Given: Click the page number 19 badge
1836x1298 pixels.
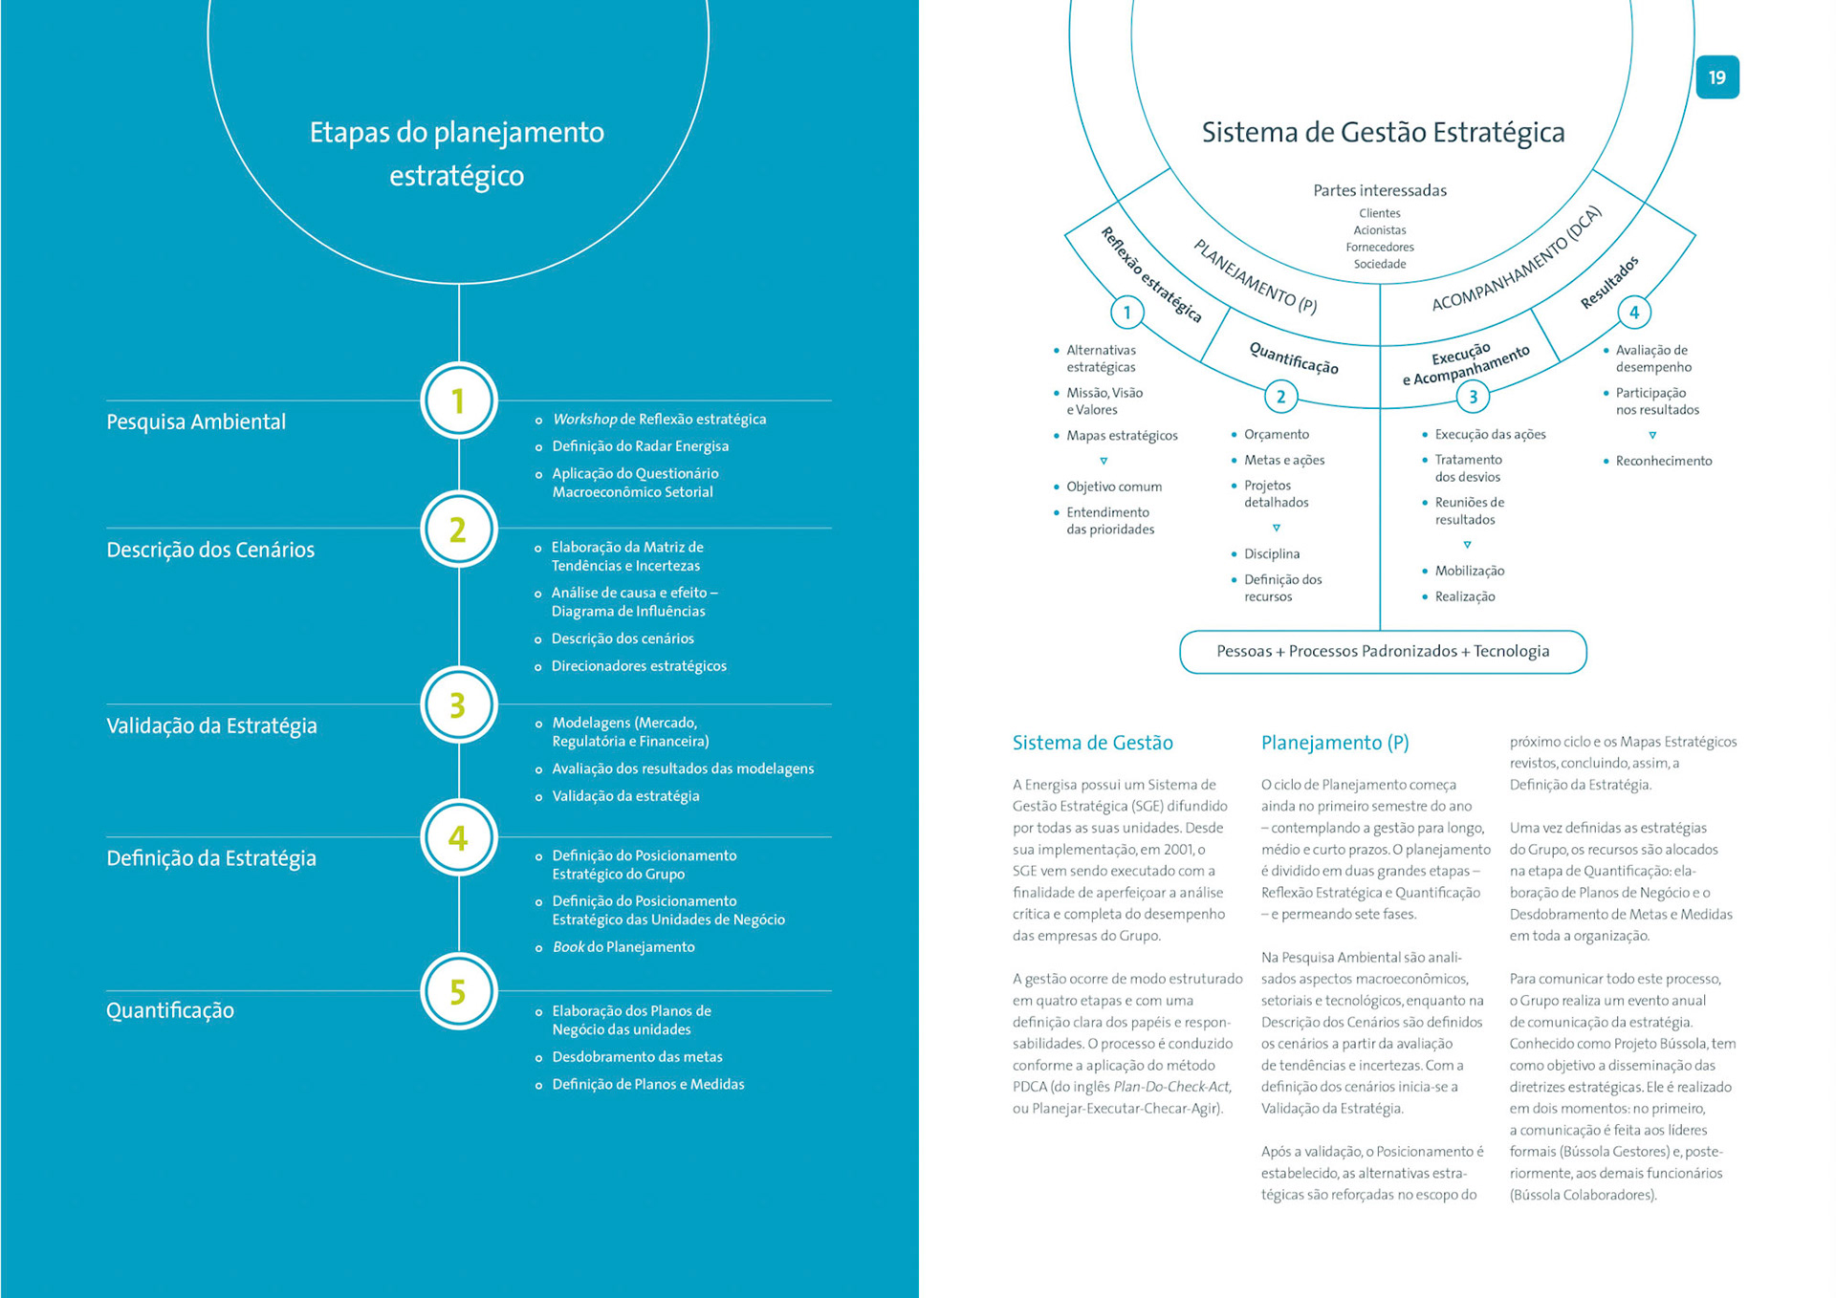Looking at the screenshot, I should tap(1716, 77).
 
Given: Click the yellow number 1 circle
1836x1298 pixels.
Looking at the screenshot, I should tap(458, 400).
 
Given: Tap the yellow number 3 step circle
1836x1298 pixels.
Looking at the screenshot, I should tap(458, 705).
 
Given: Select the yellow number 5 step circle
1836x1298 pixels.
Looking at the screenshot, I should tap(458, 991).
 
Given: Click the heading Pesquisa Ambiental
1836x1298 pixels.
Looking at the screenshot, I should tap(196, 422).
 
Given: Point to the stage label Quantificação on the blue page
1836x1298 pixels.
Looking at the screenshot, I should tap(170, 1010).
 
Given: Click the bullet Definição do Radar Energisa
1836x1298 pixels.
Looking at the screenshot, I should tap(640, 446).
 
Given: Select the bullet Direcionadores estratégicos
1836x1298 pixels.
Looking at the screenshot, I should tap(639, 666).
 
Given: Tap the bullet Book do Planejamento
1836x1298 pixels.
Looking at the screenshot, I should tap(623, 947).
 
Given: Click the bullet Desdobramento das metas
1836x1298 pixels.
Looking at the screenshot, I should tap(637, 1057).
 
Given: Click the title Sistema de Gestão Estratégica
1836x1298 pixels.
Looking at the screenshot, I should tap(1383, 132).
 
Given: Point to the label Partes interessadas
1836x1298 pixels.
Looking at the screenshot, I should tap(1380, 190).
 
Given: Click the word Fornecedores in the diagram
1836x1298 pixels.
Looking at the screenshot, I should tap(1380, 248).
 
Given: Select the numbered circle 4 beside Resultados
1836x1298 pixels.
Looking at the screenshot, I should tap(1633, 313).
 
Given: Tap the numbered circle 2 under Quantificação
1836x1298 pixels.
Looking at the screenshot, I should tap(1280, 397).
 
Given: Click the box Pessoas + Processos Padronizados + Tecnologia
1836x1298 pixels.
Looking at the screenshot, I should tap(1383, 652).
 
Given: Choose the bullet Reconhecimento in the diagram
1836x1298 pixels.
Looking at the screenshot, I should tap(1664, 461).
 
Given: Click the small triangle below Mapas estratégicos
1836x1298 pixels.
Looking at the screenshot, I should tap(1104, 461).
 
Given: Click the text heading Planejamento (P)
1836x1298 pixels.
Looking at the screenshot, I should tap(1335, 743).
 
